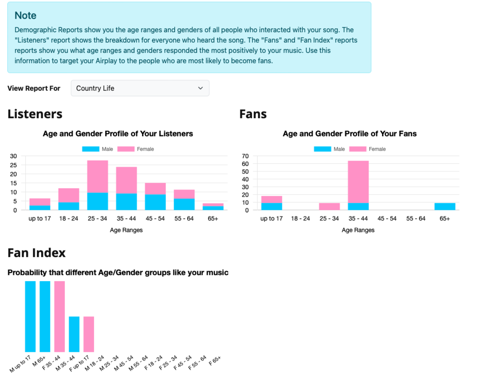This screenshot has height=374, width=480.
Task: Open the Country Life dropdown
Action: pyautogui.click(x=140, y=88)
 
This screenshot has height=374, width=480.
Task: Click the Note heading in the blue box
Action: pyautogui.click(x=25, y=15)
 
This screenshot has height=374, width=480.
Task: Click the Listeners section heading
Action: pyautogui.click(x=35, y=114)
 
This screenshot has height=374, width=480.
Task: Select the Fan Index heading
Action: pyautogui.click(x=36, y=252)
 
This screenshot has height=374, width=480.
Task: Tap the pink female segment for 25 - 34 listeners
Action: pyautogui.click(x=97, y=176)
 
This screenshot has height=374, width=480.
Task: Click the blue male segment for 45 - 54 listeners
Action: pyautogui.click(x=156, y=202)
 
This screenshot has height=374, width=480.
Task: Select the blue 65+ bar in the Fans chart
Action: pyautogui.click(x=444, y=206)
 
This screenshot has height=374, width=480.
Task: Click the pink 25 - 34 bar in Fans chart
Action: pyautogui.click(x=329, y=206)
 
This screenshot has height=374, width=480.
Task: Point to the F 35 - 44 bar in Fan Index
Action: pyautogui.click(x=60, y=316)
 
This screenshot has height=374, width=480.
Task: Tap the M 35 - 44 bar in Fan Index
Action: pyautogui.click(x=74, y=334)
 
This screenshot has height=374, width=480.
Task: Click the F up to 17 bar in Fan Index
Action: pyautogui.click(x=88, y=334)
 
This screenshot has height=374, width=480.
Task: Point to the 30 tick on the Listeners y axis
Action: pyautogui.click(x=13, y=156)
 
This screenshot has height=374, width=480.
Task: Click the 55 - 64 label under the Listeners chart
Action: pyautogui.click(x=184, y=219)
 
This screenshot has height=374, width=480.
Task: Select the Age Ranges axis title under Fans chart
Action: pyautogui.click(x=358, y=230)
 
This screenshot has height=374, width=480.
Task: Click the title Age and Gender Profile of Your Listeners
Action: pyautogui.click(x=118, y=134)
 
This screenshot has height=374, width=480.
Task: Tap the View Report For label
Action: pyautogui.click(x=34, y=88)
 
